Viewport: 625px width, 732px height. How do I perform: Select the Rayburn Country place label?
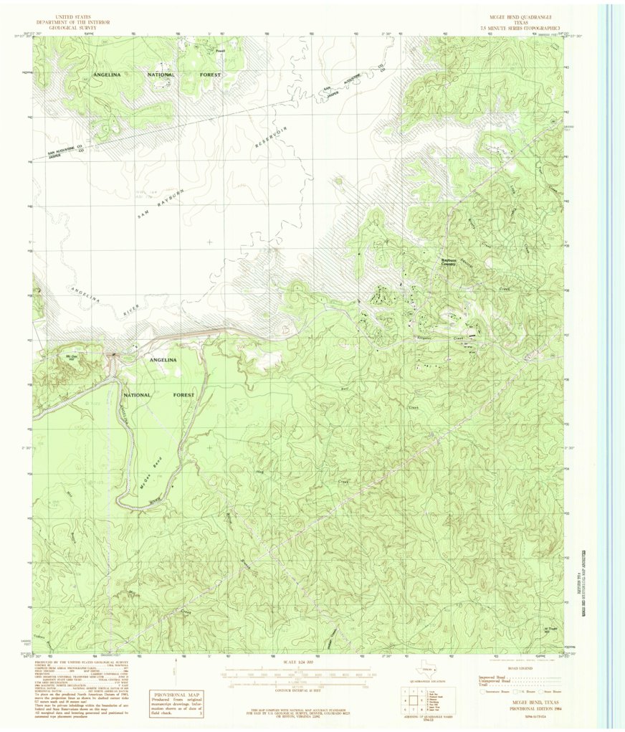(x=448, y=262)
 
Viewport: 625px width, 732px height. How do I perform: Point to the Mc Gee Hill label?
(x=71, y=356)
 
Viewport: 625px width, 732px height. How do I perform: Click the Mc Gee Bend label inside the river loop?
(x=153, y=476)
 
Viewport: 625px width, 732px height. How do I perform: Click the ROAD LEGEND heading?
(x=518, y=667)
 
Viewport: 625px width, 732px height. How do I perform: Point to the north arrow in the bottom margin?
(x=174, y=670)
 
